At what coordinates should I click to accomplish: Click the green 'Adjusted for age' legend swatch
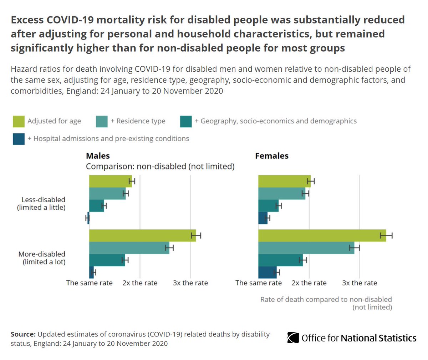click(19, 121)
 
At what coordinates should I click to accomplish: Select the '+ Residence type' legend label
click(138, 121)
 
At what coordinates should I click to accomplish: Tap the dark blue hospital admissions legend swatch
click(19, 139)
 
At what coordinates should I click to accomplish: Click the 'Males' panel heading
click(98, 156)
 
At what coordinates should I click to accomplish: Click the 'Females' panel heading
click(271, 156)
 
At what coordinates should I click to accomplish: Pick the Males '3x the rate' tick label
click(190, 283)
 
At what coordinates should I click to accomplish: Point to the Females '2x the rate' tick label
click(309, 283)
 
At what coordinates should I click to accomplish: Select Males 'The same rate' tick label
click(89, 283)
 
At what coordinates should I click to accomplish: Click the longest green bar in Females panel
click(321, 235)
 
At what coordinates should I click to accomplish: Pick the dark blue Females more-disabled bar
click(267, 272)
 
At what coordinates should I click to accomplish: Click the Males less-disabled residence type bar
click(107, 193)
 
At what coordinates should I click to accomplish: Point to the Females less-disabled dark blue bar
click(263, 218)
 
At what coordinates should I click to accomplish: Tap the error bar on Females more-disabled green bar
click(386, 235)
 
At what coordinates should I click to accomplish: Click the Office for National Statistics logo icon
click(293, 338)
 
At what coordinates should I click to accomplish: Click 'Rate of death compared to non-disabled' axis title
click(326, 299)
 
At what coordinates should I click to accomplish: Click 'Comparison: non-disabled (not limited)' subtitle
click(160, 166)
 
